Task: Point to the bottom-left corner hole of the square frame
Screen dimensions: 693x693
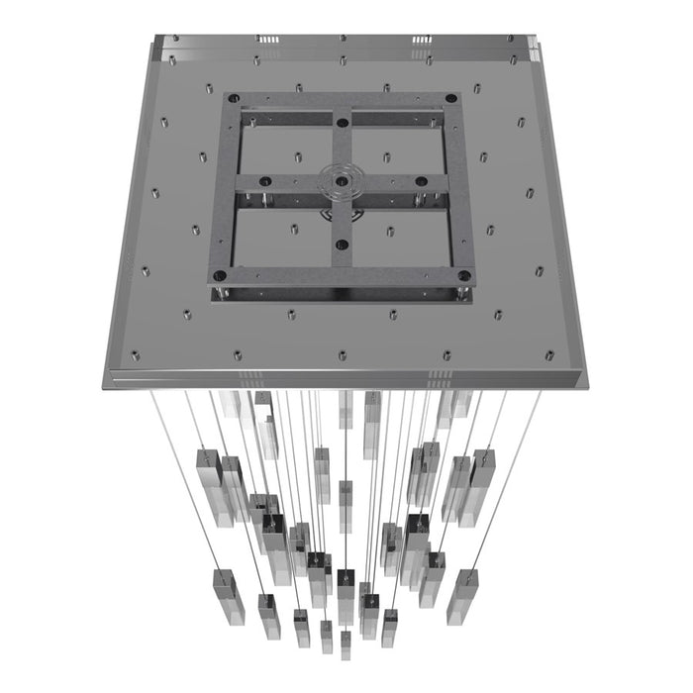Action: coord(220,275)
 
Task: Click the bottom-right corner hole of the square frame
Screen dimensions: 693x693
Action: coord(463,275)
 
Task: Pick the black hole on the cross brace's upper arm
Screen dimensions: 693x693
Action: coord(342,123)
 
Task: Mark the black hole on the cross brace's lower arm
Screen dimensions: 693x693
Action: coord(342,244)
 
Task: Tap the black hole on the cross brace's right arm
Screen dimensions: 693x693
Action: coord(421,182)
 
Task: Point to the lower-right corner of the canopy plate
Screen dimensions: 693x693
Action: coord(587,384)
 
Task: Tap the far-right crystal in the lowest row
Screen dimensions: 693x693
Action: coord(461,594)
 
